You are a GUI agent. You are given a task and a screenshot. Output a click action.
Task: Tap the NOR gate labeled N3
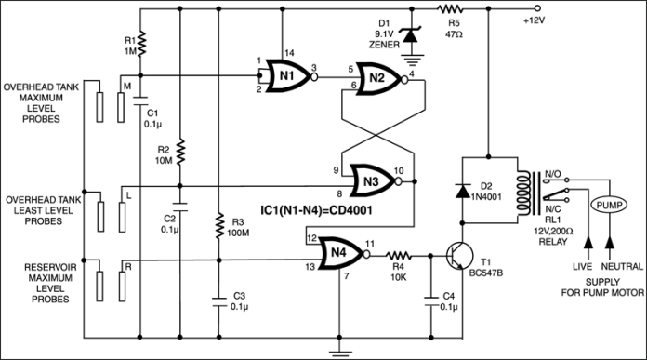(371, 181)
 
